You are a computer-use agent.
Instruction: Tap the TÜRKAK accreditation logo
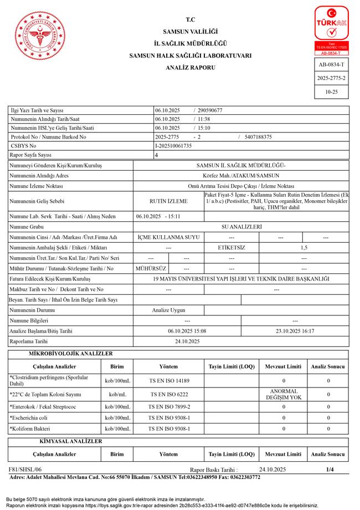coord(331,30)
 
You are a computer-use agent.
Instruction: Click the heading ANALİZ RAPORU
coord(191,68)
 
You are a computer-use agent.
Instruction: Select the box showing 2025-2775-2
coord(331,78)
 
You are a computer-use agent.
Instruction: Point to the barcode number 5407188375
coord(258,137)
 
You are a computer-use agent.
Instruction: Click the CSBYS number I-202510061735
coord(173,146)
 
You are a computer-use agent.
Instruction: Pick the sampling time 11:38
coord(203,119)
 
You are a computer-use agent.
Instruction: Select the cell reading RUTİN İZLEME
coord(168,201)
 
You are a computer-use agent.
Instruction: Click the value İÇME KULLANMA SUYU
coord(168,237)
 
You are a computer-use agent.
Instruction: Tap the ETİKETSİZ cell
coord(232,247)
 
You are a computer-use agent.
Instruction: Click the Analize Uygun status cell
coord(168,310)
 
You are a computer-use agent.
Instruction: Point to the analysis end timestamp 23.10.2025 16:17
coord(295,331)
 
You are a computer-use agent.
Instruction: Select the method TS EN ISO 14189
coord(168,381)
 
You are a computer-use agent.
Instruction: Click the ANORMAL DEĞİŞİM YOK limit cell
coord(284,394)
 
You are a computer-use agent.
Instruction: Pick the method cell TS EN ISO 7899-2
coord(168,407)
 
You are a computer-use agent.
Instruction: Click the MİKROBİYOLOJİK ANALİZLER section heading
coord(70,354)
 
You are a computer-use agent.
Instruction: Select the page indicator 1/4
coord(330,470)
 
